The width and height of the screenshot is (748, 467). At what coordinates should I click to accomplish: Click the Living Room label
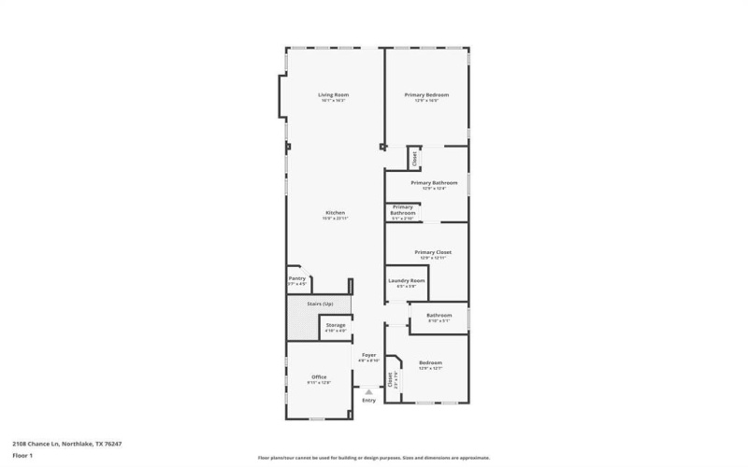[x=333, y=95]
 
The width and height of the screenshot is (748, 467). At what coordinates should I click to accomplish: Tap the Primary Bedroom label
[x=426, y=95]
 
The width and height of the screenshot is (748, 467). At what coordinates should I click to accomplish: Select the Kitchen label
[x=335, y=213]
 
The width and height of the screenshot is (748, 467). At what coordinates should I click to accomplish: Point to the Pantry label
[x=296, y=278]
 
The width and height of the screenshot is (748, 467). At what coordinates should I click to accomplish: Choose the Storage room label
[x=335, y=325]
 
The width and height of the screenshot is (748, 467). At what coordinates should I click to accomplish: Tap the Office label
[x=319, y=376]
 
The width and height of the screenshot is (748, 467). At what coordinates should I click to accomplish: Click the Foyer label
[x=368, y=355]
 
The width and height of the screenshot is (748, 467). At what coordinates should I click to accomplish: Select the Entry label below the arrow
[x=368, y=401]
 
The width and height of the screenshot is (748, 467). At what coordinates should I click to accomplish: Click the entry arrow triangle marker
[x=368, y=391]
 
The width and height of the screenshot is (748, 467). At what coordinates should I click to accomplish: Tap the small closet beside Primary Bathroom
[x=414, y=158]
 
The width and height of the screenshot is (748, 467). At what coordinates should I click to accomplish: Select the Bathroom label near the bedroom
[x=439, y=316]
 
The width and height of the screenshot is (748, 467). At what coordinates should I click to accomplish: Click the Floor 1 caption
[x=22, y=455]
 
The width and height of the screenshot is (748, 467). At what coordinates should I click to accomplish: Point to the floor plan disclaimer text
[x=373, y=458]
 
